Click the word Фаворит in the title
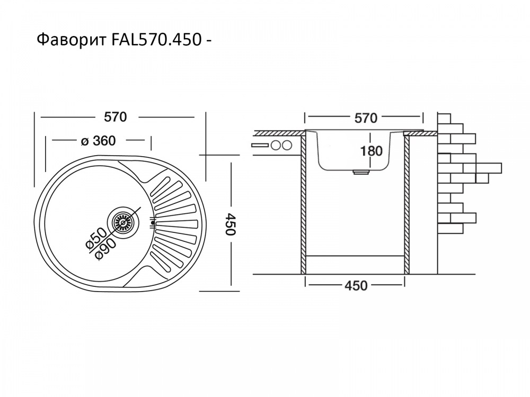tap(72, 40)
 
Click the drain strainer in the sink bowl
tap(122, 223)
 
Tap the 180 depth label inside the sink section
tap(371, 151)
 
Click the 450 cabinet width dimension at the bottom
tap(356, 285)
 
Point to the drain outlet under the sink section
tap(361, 172)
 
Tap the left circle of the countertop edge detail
tap(276, 146)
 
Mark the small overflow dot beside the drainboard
tap(153, 223)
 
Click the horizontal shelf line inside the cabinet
tap(356, 256)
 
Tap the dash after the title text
tap(210, 41)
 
